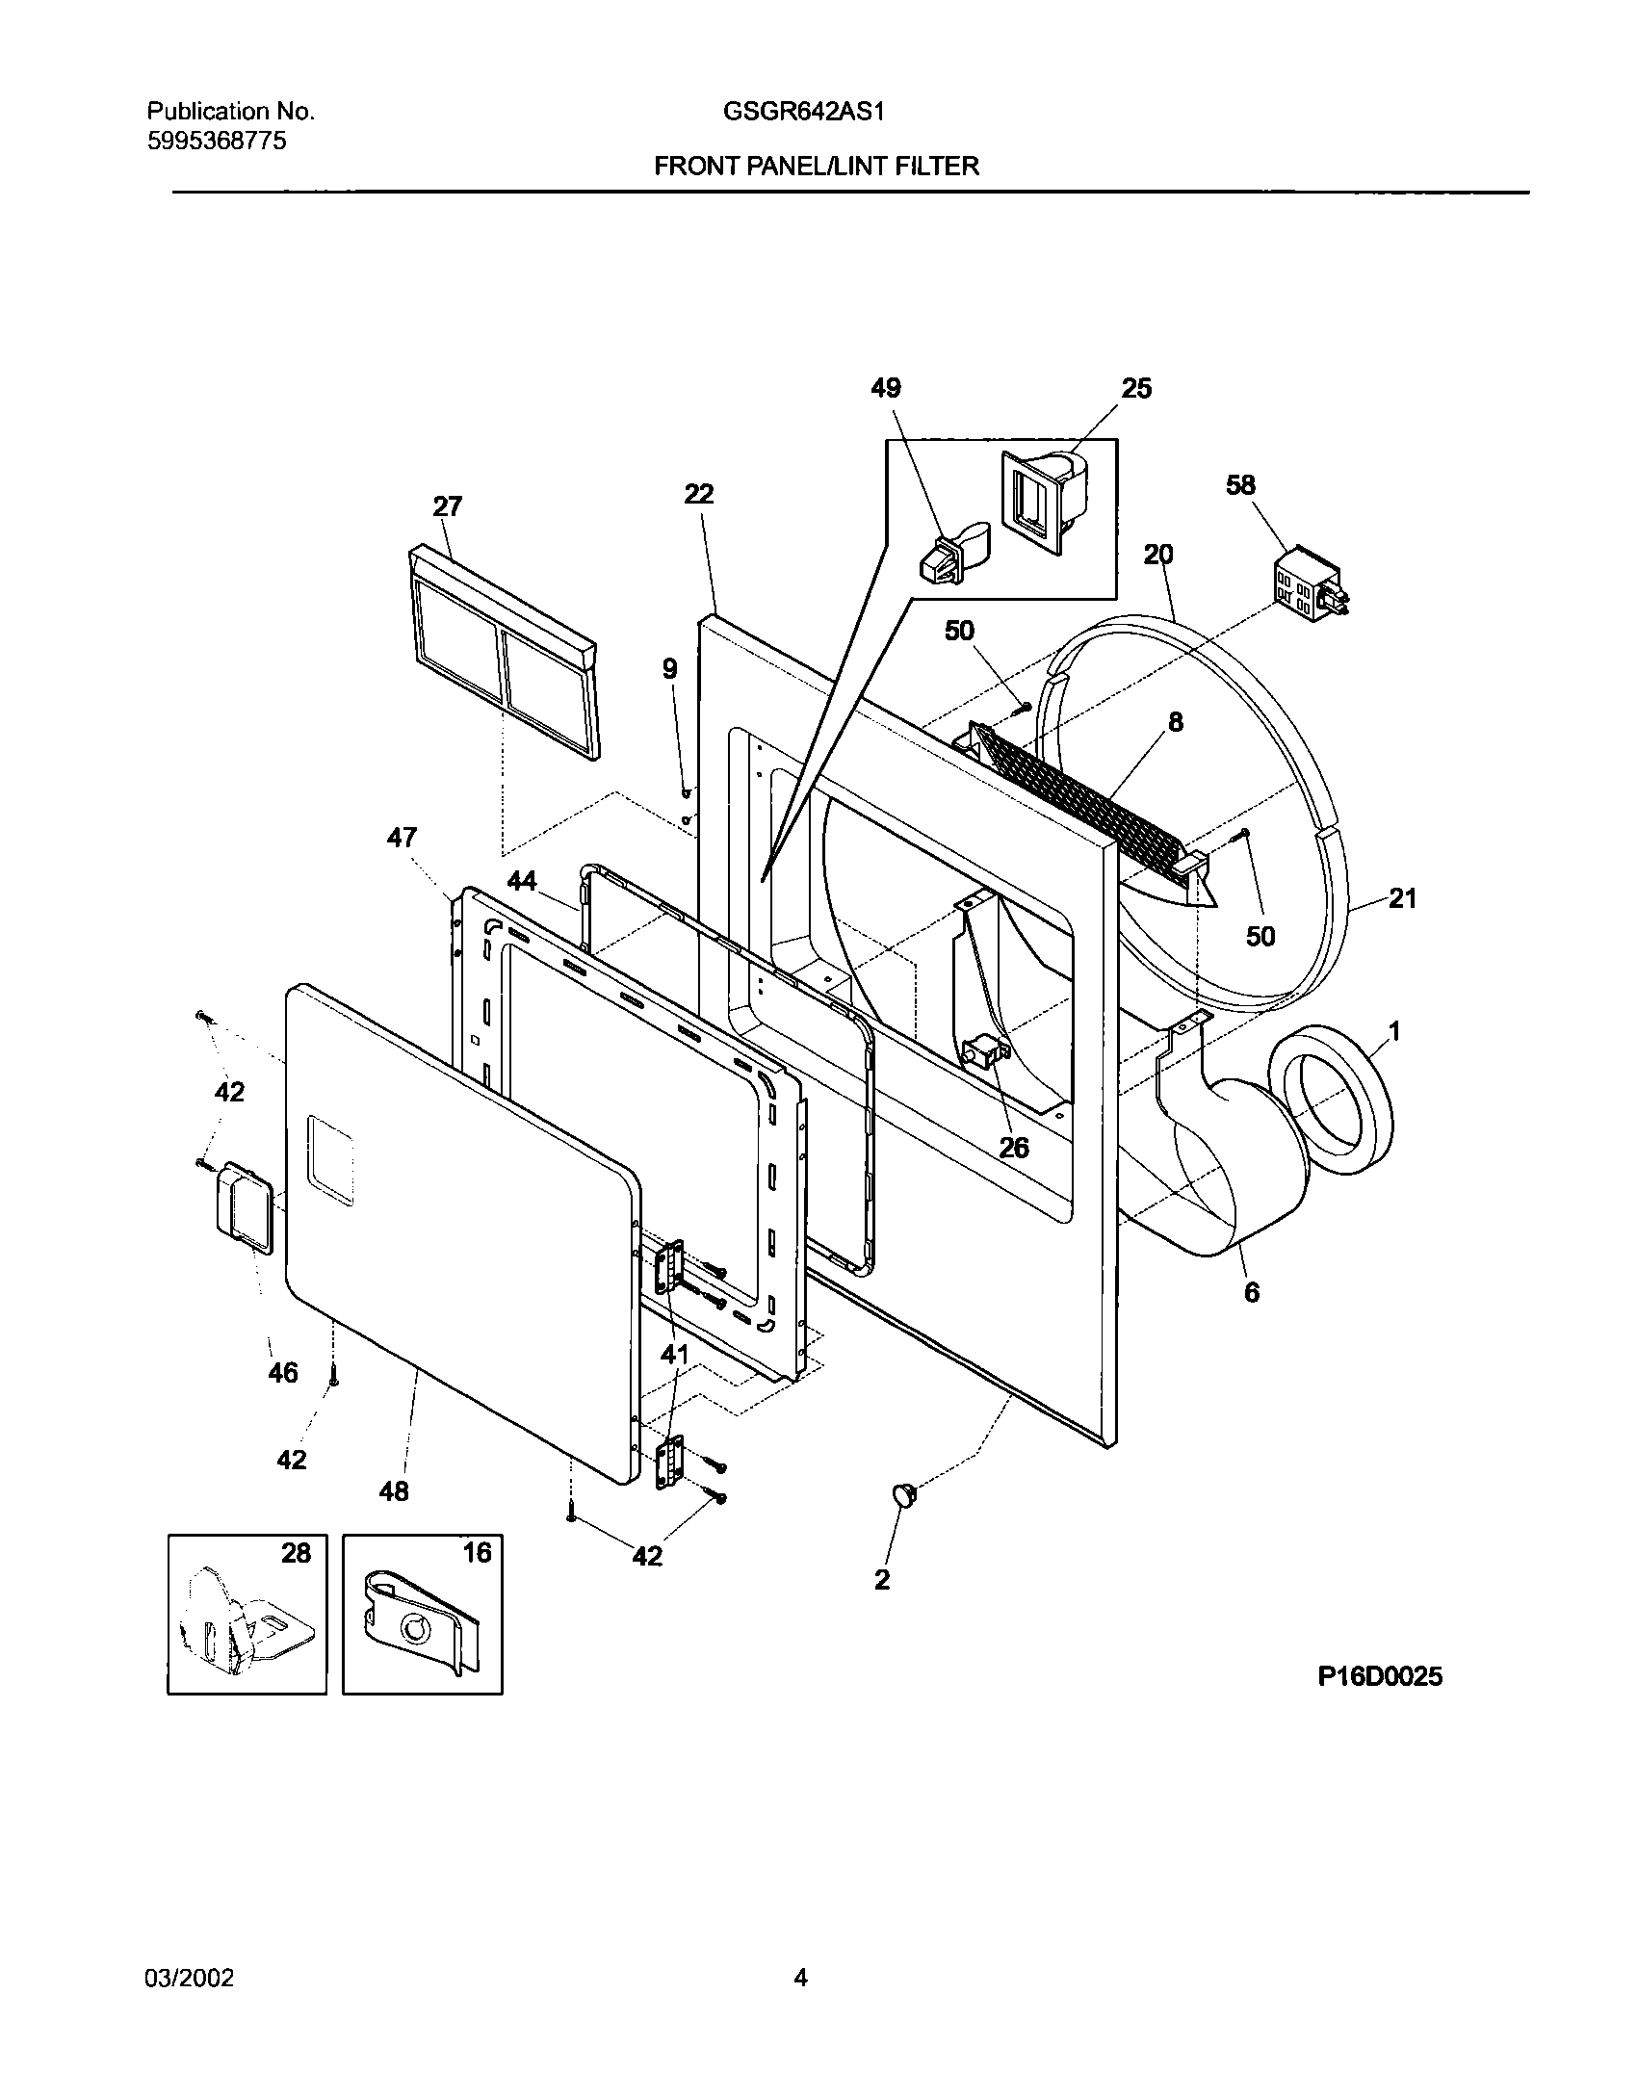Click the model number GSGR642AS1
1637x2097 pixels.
(803, 112)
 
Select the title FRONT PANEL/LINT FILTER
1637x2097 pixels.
(817, 167)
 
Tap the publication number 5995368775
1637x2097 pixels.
(217, 142)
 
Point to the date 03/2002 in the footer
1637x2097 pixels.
(189, 1978)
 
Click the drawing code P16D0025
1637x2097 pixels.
(1380, 1676)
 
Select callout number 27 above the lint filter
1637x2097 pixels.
(448, 506)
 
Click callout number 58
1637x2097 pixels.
(1240, 484)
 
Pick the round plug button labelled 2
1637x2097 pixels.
(903, 1494)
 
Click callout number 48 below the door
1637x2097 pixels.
(394, 1491)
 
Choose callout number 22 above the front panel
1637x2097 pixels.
(699, 494)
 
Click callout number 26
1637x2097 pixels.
(1014, 1147)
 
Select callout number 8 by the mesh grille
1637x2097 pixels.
(1176, 722)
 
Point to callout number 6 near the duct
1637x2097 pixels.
(1251, 1292)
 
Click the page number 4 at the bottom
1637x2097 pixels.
(800, 1978)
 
